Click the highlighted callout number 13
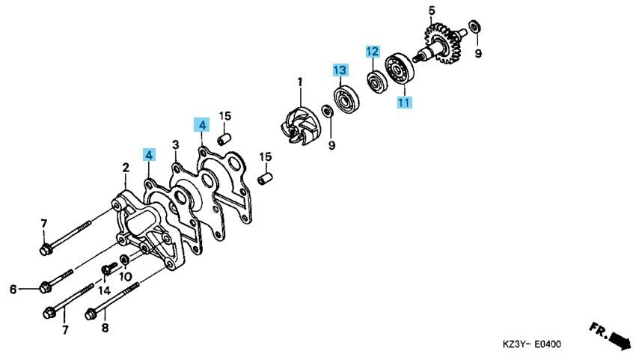pyautogui.click(x=340, y=70)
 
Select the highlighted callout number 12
pyautogui.click(x=373, y=52)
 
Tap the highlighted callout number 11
pyautogui.click(x=404, y=103)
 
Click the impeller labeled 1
pyautogui.click(x=300, y=126)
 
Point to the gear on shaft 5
pyautogui.click(x=442, y=43)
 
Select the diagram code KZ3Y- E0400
pyautogui.click(x=532, y=344)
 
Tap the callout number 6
pyautogui.click(x=13, y=290)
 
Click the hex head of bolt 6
pyautogui.click(x=45, y=287)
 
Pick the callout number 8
pyautogui.click(x=105, y=328)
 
